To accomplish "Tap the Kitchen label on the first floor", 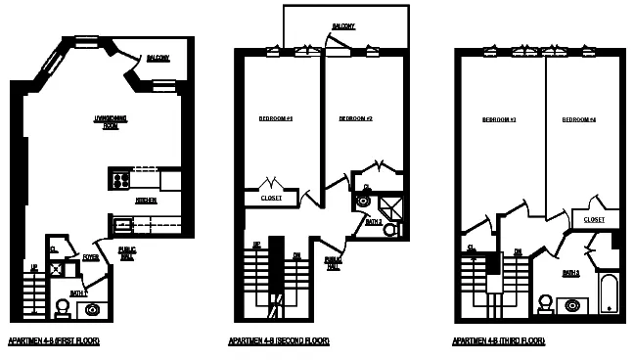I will pyautogui.click(x=145, y=200).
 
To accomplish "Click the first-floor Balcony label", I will pyautogui.click(x=158, y=58).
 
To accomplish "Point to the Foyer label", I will pyautogui.click(x=91, y=258).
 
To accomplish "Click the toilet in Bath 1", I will pyautogui.click(x=63, y=307).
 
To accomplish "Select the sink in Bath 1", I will pyautogui.click(x=93, y=310).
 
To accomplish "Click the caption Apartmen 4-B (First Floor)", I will pyautogui.click(x=54, y=341).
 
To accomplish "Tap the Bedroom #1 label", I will pyautogui.click(x=276, y=118).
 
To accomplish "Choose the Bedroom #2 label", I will pyautogui.click(x=356, y=118).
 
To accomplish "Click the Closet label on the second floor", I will pyautogui.click(x=271, y=199).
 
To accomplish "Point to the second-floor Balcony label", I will pyautogui.click(x=342, y=25).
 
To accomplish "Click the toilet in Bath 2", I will pyautogui.click(x=390, y=229).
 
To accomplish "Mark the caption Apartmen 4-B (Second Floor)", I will pyautogui.click(x=279, y=341).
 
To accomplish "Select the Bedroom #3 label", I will pyautogui.click(x=498, y=120).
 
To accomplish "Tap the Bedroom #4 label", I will pyautogui.click(x=578, y=120).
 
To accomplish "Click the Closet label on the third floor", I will pyautogui.click(x=594, y=220).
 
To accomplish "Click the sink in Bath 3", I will pyautogui.click(x=573, y=305).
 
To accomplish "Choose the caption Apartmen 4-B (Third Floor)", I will pyautogui.click(x=498, y=341).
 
